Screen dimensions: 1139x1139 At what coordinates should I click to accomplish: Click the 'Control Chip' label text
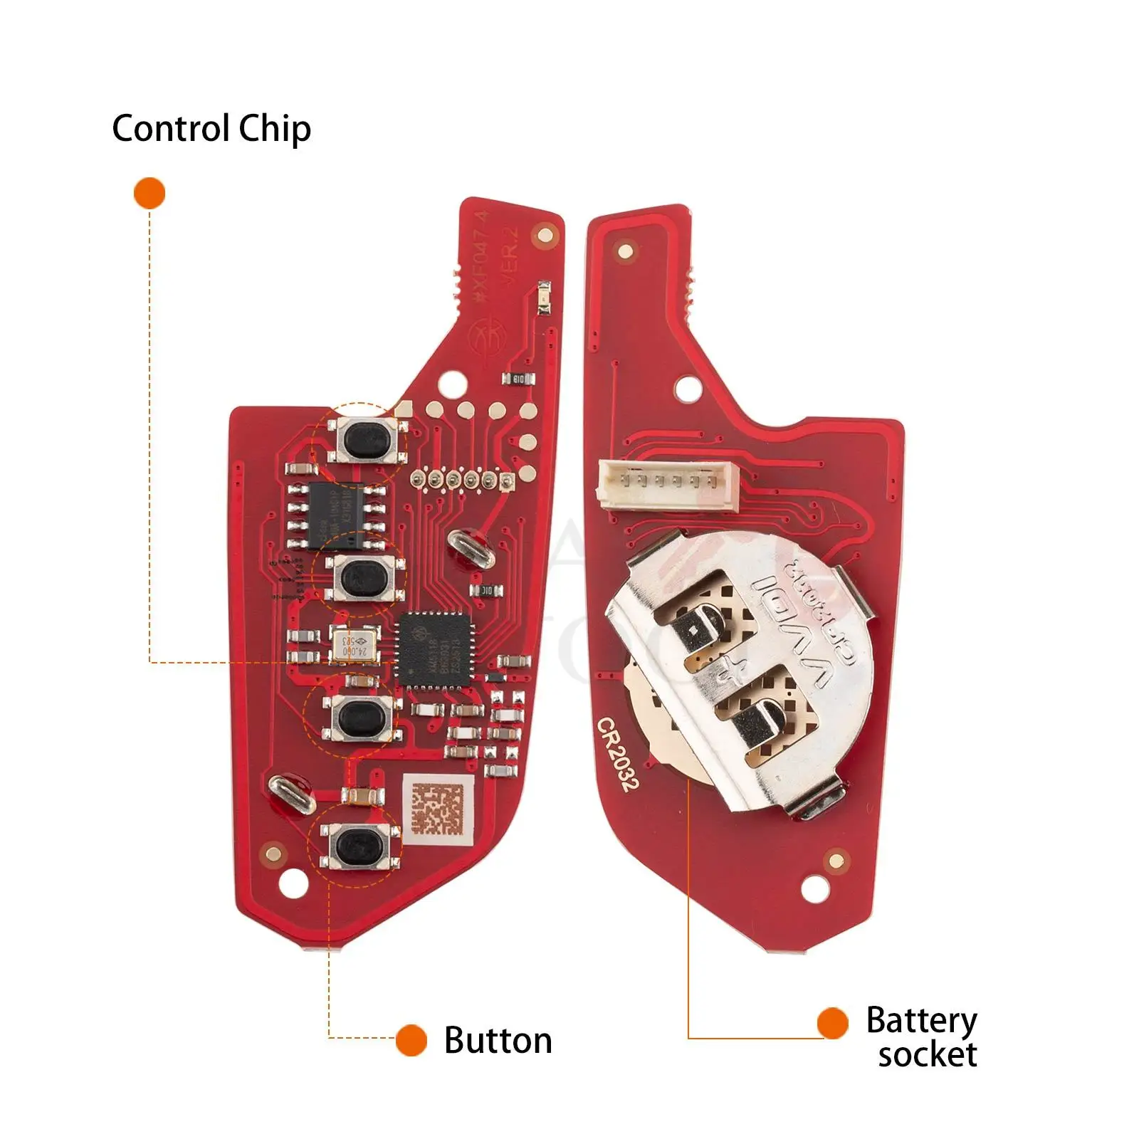(x=211, y=129)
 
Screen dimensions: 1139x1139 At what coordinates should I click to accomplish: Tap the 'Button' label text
(x=498, y=1040)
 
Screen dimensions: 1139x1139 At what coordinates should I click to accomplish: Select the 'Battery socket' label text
(x=922, y=1036)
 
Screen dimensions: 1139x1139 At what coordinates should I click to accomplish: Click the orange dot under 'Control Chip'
(x=149, y=193)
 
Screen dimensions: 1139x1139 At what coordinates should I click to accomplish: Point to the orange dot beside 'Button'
(x=411, y=1040)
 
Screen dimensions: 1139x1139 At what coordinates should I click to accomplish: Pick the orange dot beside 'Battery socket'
(x=832, y=1023)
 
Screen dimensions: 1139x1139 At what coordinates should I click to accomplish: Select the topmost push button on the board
(x=362, y=441)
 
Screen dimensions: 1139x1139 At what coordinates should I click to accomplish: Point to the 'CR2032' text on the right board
(x=618, y=754)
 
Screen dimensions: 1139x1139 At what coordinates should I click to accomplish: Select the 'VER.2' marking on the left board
(x=510, y=256)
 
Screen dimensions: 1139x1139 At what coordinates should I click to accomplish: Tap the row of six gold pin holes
(x=461, y=481)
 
